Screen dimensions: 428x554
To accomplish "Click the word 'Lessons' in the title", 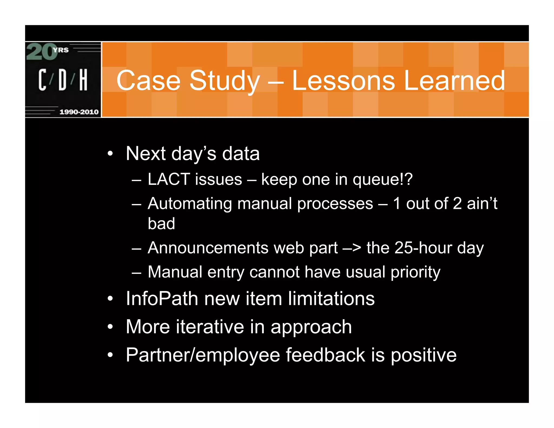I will coord(344,80).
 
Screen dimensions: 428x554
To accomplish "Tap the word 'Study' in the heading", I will coord(225,81).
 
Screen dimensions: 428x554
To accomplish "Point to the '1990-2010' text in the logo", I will coord(79,112).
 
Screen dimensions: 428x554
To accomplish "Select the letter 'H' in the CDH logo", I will coord(84,80).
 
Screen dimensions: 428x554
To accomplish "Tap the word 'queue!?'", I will coord(382,180).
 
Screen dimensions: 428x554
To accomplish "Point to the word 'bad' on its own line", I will coord(161,223).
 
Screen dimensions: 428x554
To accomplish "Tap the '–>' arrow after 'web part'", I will coord(352,248).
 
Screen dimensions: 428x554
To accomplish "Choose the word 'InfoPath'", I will coord(162,298).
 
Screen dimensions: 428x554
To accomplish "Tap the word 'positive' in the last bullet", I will coord(424,355).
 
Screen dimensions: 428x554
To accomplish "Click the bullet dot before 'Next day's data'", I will coord(110,154).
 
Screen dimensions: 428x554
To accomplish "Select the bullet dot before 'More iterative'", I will coord(110,327).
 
